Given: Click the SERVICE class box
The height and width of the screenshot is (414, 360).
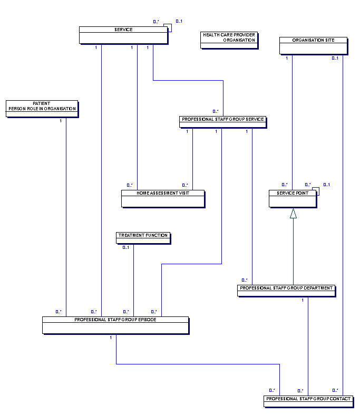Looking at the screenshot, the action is pyautogui.click(x=123, y=35).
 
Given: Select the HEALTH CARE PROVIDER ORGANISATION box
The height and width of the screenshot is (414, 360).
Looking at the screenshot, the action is pyautogui.click(x=229, y=41).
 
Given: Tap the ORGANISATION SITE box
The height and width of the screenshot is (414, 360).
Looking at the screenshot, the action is pyautogui.click(x=314, y=46).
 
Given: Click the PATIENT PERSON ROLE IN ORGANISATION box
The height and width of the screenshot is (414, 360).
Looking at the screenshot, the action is pyautogui.click(x=42, y=109).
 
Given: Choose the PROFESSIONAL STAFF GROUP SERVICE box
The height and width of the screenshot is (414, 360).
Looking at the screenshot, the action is pyautogui.click(x=223, y=122).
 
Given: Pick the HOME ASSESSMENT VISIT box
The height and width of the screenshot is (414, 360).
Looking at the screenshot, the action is pyautogui.click(x=163, y=199).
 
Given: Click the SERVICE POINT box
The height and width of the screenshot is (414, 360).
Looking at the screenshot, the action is pyautogui.click(x=293, y=199).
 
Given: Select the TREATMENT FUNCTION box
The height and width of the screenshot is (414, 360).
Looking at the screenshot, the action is pyautogui.click(x=143, y=238).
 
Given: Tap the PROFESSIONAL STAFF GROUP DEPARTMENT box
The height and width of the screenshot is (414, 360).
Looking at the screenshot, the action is pyautogui.click(x=286, y=291).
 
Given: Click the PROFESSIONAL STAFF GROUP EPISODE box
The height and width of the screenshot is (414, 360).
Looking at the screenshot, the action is pyautogui.click(x=115, y=325).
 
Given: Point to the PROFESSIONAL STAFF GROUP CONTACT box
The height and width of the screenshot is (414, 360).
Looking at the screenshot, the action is pyautogui.click(x=308, y=401).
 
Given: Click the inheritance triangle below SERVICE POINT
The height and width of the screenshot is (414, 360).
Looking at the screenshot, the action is pyautogui.click(x=293, y=214).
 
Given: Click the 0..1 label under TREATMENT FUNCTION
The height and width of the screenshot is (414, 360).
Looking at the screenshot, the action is pyautogui.click(x=126, y=248).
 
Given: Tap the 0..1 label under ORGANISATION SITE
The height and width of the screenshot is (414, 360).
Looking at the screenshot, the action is pyautogui.click(x=335, y=58).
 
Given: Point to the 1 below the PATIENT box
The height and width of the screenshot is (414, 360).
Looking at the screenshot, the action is pyautogui.click(x=61, y=121).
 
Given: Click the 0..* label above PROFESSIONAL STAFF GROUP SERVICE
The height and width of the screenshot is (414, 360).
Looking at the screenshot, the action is pyautogui.click(x=216, y=111).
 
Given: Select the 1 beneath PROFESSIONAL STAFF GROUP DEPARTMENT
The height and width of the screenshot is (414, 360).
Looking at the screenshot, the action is pyautogui.click(x=303, y=300).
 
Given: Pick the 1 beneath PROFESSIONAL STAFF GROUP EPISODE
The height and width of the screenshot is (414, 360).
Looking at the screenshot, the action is pyautogui.click(x=111, y=338).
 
